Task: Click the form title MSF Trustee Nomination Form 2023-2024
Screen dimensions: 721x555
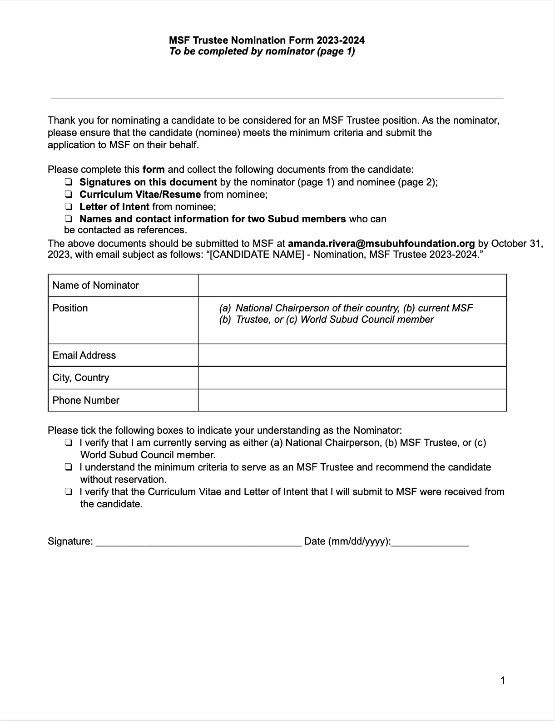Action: click(267, 40)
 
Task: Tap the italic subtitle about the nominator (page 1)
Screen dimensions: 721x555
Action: click(262, 51)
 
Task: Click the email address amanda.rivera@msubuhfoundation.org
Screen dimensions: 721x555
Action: click(381, 243)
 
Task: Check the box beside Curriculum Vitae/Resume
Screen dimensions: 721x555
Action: click(68, 194)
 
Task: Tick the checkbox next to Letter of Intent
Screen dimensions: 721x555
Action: click(68, 206)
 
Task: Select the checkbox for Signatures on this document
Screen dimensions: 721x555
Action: click(68, 182)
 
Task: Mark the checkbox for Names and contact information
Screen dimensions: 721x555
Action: click(68, 219)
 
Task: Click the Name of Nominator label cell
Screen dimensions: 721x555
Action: click(96, 285)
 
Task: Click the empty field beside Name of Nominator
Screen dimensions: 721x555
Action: click(352, 285)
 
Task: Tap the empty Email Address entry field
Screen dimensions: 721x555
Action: click(352, 355)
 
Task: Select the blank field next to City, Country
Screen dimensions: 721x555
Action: click(352, 378)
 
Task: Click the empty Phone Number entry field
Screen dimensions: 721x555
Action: click(352, 400)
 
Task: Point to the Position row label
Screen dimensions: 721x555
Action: click(70, 308)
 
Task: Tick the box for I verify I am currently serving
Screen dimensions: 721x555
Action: click(68, 442)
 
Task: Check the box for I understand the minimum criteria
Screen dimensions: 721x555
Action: click(68, 467)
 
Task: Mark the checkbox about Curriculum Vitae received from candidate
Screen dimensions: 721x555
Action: click(68, 491)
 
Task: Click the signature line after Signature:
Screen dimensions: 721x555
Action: click(198, 542)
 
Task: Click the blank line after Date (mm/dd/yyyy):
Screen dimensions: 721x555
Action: click(430, 542)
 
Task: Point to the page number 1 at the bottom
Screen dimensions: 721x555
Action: click(502, 681)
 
